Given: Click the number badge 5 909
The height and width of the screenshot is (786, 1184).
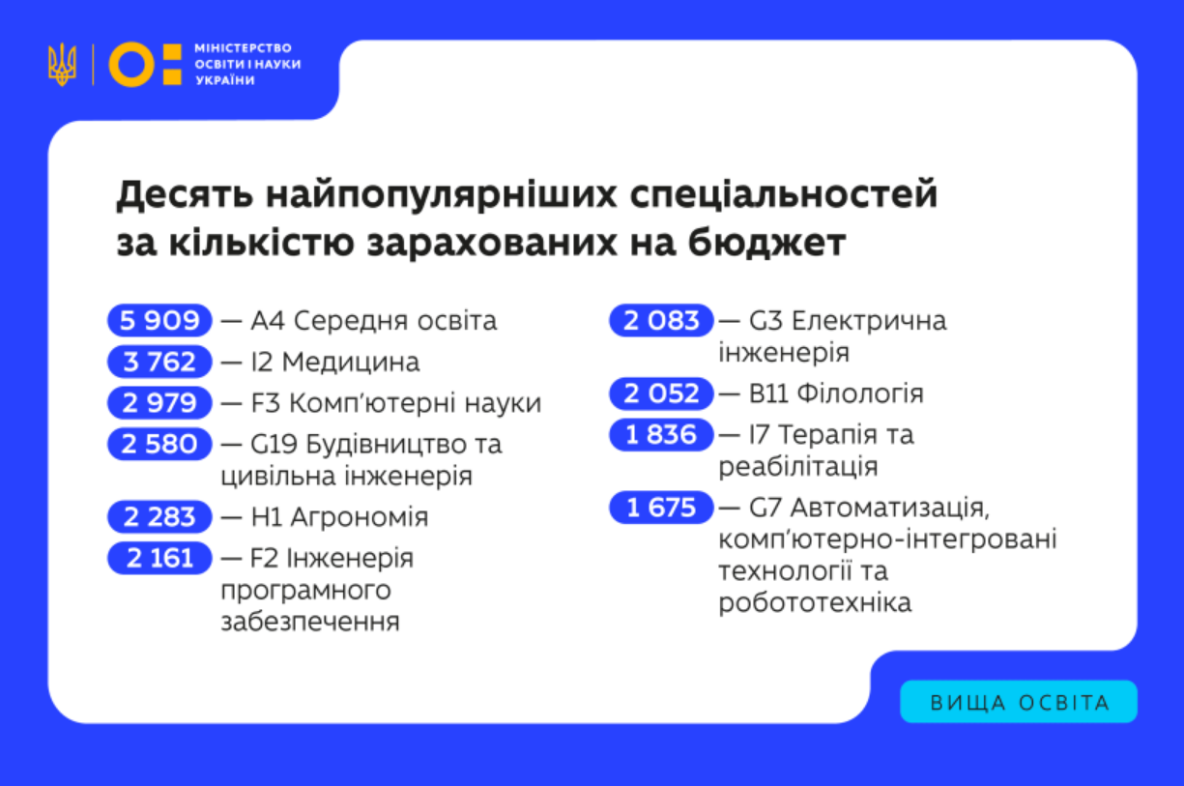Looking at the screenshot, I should coord(159,321).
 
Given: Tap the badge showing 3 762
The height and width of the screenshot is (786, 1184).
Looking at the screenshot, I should coord(159,363).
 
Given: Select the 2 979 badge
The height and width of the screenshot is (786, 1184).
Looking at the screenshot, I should coord(159,403).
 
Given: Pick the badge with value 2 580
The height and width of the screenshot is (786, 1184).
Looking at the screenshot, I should coord(159,445).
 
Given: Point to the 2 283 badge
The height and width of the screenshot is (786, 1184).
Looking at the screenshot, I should coord(159,517).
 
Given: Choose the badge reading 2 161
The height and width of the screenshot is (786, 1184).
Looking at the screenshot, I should coord(159,558).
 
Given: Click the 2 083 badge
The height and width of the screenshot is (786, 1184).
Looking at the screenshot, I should coord(661,321).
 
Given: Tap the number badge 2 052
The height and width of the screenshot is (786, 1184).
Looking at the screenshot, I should coord(661,393).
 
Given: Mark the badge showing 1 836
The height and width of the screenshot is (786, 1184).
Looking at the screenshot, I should coord(661,435).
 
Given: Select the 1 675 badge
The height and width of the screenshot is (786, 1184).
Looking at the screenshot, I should coord(661,508).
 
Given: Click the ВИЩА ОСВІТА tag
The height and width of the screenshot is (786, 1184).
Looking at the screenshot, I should coord(1019,702).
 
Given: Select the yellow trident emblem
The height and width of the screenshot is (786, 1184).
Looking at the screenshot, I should coord(62,65).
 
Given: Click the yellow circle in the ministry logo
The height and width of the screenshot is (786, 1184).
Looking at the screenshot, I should coord(131,65).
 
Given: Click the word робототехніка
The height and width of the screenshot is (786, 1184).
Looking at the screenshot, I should coord(815,603).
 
